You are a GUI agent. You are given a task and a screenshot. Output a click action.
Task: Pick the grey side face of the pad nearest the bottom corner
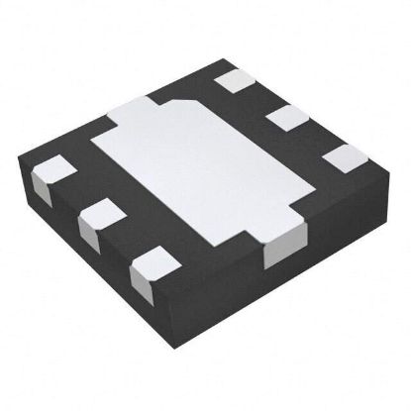(x=142, y=274)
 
